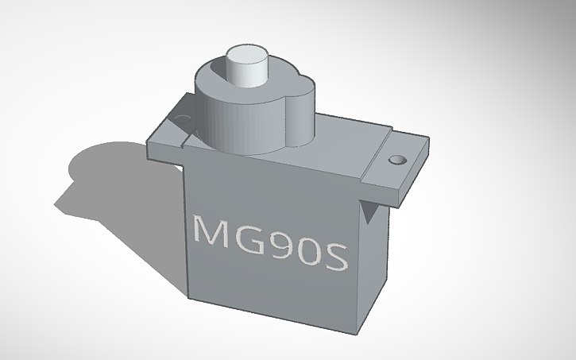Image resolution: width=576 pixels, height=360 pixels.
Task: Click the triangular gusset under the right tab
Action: pos(368,211)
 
